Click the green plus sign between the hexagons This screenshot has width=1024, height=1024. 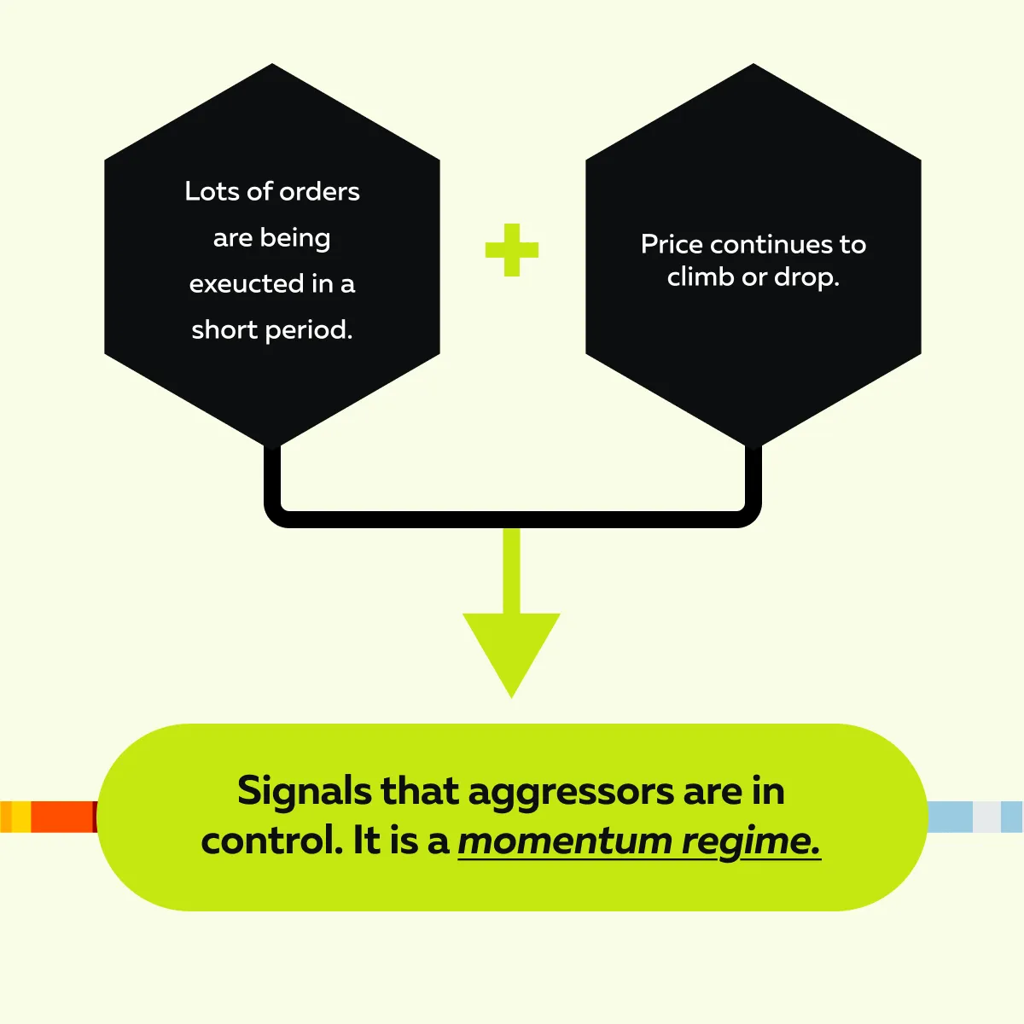[511, 250]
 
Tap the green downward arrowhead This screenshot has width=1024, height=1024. [511, 649]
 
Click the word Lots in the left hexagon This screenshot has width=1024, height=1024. [212, 191]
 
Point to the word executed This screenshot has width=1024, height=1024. [247, 283]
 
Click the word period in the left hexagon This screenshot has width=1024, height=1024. [311, 330]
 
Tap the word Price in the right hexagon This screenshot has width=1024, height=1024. [672, 245]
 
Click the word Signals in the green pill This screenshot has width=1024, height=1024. [305, 792]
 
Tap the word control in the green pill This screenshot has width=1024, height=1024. [271, 841]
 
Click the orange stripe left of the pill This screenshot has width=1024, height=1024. [61, 817]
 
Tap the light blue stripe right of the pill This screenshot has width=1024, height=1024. [949, 817]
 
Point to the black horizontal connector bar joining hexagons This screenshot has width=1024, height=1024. [512, 519]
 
